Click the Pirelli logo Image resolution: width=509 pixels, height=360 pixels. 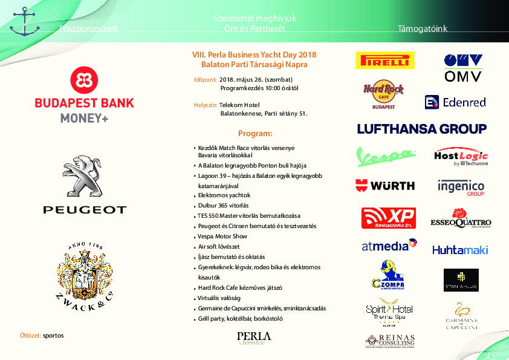[384, 60]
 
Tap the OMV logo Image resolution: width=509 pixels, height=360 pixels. [462, 67]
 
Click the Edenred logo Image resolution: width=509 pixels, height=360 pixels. [455, 102]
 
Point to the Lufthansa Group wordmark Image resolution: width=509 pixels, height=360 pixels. [421, 129]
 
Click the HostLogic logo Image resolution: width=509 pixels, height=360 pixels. [461, 157]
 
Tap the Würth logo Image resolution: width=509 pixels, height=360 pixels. [384, 185]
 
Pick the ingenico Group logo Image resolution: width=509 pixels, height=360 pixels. [461, 186]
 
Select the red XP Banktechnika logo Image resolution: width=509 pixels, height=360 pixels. [387, 218]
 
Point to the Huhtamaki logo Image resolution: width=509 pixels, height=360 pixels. [460, 249]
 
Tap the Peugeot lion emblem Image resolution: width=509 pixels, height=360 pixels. [85, 175]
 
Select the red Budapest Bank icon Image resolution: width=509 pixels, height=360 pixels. [85, 79]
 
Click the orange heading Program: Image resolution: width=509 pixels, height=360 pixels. [255, 133]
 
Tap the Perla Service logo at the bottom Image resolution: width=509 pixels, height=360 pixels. [254, 338]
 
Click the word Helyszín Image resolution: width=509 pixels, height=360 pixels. [205, 105]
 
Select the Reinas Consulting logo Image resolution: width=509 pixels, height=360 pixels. [389, 341]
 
